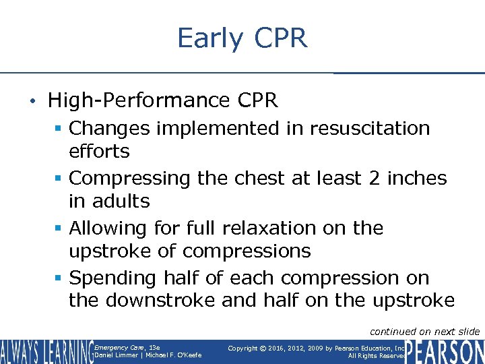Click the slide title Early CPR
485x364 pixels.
point(242,38)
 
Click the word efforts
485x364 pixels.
point(99,151)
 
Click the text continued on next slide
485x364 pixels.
point(424,331)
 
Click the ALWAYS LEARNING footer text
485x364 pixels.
point(46,351)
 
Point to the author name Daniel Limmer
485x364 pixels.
point(117,355)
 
